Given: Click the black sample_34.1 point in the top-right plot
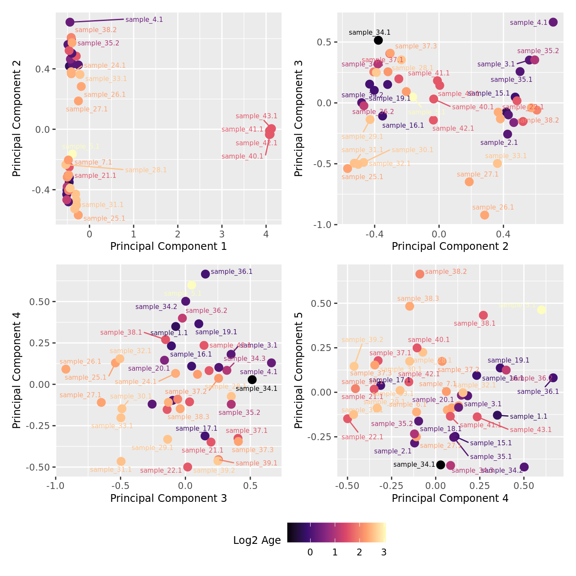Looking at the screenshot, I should click(378, 40).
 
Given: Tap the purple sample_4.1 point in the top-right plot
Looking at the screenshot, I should click(553, 22).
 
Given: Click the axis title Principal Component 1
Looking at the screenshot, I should click(168, 246).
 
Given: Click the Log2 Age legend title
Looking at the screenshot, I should click(257, 540).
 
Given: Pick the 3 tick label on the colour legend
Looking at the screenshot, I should click(384, 552).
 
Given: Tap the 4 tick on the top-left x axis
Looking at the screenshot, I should click(266, 234).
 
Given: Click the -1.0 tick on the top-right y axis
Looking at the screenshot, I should click(324, 225).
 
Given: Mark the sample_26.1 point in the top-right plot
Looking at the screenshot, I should click(484, 215).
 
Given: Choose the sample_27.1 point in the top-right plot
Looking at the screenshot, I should click(469, 182).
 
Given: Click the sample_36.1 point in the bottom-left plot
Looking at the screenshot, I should click(205, 274).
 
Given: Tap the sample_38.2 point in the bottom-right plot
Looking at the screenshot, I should click(420, 274).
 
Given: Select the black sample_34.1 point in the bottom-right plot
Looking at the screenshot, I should click(441, 465).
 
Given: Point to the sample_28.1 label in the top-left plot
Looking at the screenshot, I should click(146, 170).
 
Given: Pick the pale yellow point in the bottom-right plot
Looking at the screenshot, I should click(541, 309).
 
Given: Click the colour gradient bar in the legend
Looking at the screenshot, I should click(336, 532).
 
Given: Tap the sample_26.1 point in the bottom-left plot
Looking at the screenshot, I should click(66, 369).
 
